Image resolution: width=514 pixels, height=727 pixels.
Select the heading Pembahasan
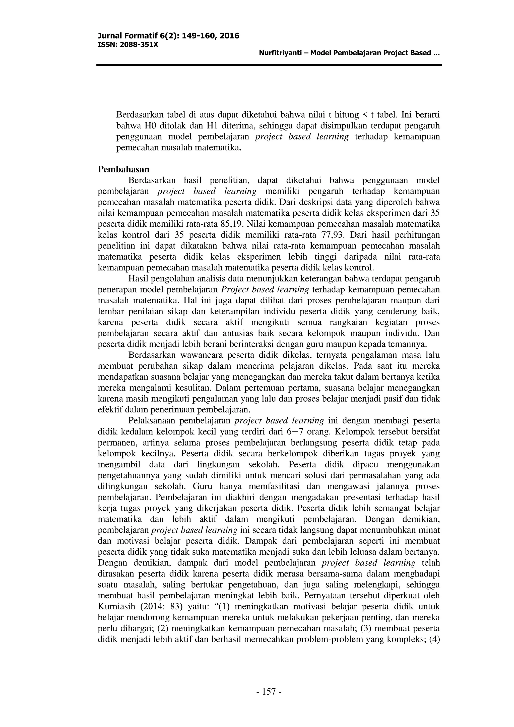pyautogui.click(x=123, y=169)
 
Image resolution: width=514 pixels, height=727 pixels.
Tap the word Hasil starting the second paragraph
pyautogui.click(x=138, y=279)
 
